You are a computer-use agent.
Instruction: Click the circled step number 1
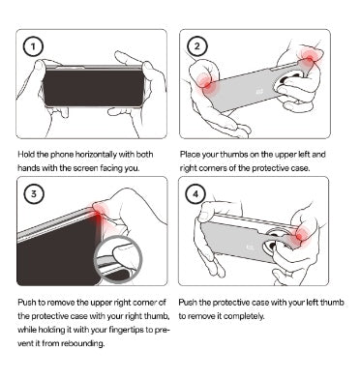click(x=33, y=46)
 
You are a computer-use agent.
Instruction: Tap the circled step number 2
click(x=196, y=46)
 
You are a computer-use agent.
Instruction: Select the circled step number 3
click(x=33, y=194)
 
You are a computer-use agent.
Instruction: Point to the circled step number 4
click(x=195, y=194)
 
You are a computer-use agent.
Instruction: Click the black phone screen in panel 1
click(x=94, y=88)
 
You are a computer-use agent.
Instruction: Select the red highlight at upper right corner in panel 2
click(x=310, y=59)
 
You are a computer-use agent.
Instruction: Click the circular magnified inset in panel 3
click(x=118, y=259)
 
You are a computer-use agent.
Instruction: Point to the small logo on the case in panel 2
click(x=259, y=93)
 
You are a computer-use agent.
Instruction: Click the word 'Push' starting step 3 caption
click(x=26, y=303)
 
